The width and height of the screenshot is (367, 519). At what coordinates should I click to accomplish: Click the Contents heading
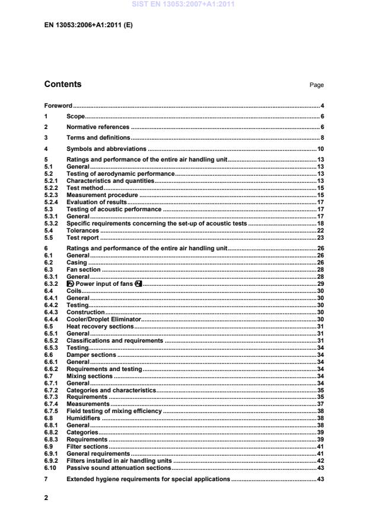click(63, 84)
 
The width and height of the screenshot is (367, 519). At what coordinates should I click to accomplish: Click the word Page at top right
click(317, 85)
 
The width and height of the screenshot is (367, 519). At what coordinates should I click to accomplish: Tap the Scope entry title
click(76, 117)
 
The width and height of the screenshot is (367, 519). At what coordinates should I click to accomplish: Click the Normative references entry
click(98, 127)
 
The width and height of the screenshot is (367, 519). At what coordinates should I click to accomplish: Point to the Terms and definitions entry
click(98, 137)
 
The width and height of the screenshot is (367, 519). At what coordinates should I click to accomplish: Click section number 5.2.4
click(52, 202)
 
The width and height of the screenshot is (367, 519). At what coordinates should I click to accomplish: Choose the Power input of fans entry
click(104, 284)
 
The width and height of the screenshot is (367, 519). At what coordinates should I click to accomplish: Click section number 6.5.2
click(52, 341)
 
